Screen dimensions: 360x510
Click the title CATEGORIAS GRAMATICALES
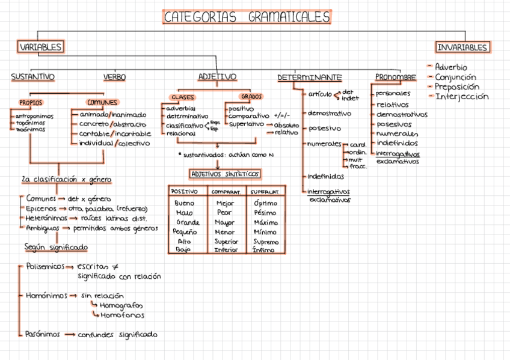(247, 17)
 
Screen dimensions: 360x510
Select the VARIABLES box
(40, 47)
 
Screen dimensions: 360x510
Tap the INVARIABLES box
(462, 47)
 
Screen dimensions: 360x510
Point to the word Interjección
(462, 97)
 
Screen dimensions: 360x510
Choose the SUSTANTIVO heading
(32, 77)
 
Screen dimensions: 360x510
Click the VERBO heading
(114, 77)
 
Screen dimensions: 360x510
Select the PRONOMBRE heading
(395, 78)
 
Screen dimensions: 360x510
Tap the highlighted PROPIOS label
(31, 103)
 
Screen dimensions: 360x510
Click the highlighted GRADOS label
(251, 96)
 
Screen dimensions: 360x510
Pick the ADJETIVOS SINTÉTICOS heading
(225, 174)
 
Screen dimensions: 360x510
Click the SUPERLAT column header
(265, 192)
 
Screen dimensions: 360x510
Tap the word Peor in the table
(224, 213)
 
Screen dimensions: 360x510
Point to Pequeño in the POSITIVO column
(185, 231)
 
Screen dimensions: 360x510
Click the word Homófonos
(122, 315)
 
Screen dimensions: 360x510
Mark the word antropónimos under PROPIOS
(34, 116)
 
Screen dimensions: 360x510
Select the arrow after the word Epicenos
(62, 208)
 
